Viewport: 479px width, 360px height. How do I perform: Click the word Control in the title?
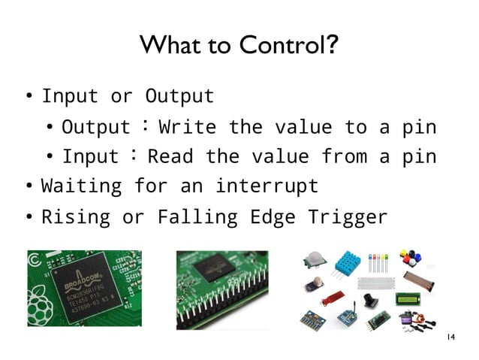(285, 47)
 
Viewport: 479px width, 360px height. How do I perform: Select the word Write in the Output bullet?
(188, 126)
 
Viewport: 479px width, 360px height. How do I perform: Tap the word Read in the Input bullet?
(170, 156)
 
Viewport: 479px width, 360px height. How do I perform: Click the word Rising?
(75, 218)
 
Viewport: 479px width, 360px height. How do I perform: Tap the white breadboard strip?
(374, 283)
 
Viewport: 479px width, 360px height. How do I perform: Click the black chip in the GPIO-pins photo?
(218, 267)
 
